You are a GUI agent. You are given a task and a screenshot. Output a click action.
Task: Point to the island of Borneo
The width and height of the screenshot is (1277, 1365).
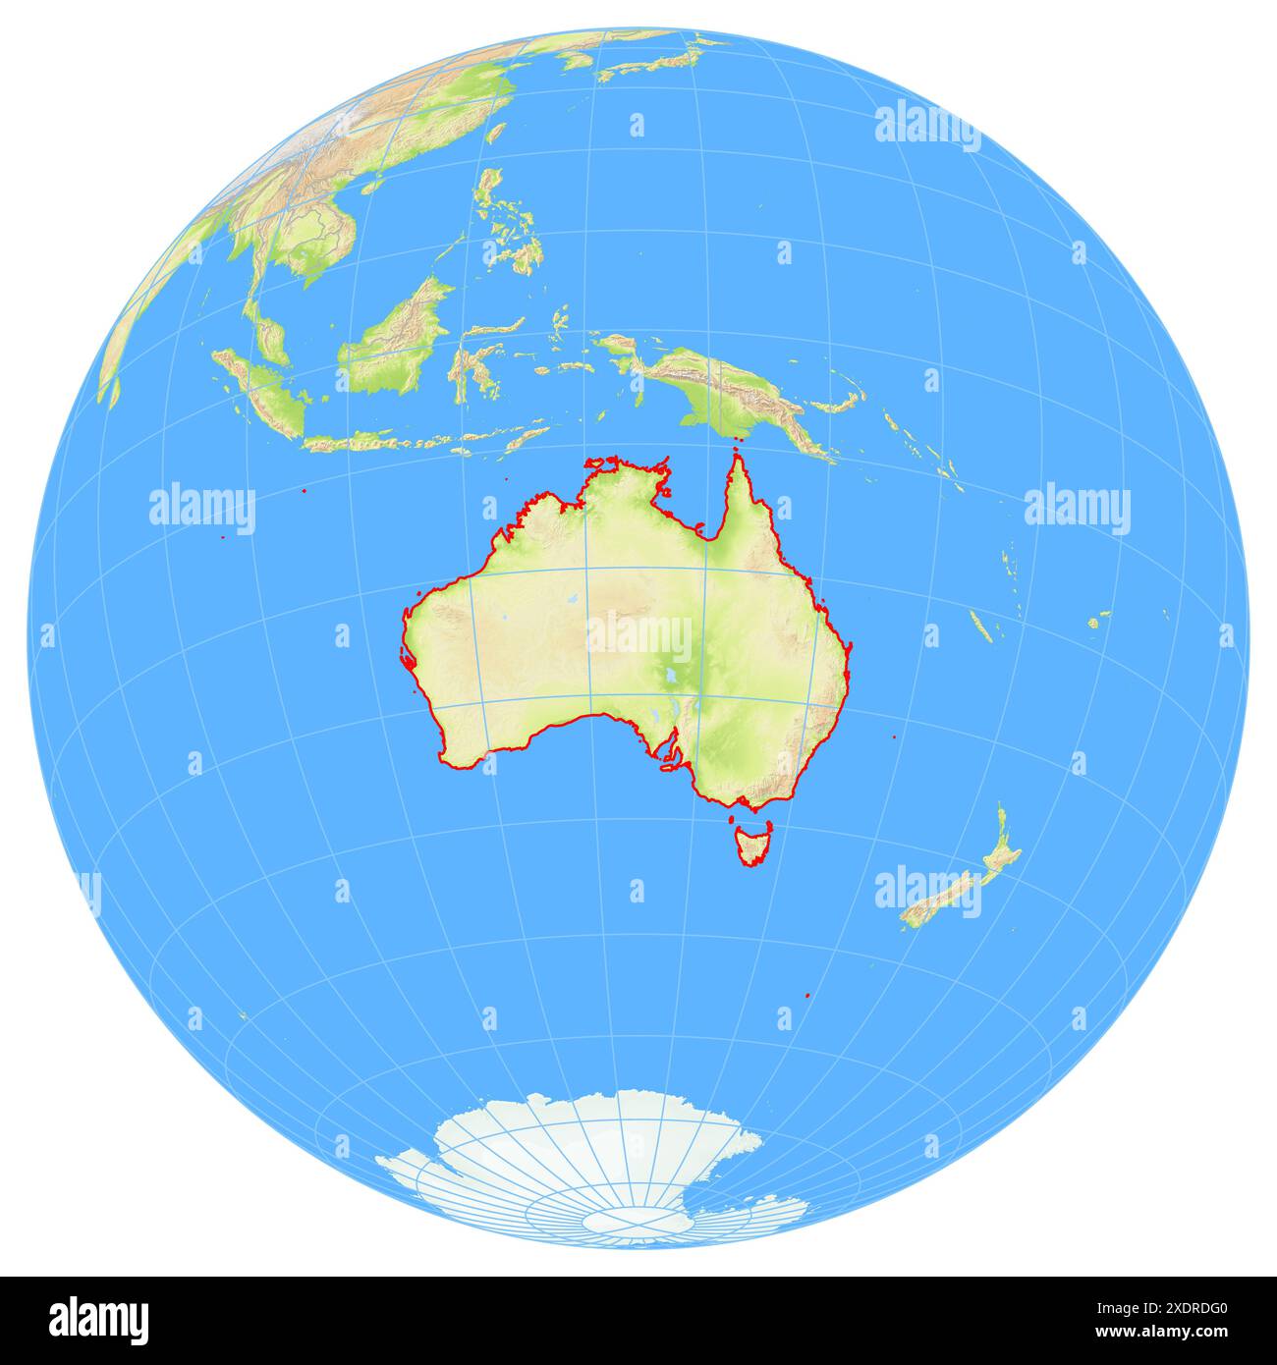pos(393,339)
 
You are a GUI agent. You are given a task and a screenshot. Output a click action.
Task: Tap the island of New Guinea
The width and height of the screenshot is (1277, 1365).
pos(727,388)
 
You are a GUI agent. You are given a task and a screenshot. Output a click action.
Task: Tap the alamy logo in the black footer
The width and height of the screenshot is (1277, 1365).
pos(98,1320)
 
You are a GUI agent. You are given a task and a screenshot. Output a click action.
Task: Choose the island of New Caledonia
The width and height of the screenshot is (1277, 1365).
pos(980,627)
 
